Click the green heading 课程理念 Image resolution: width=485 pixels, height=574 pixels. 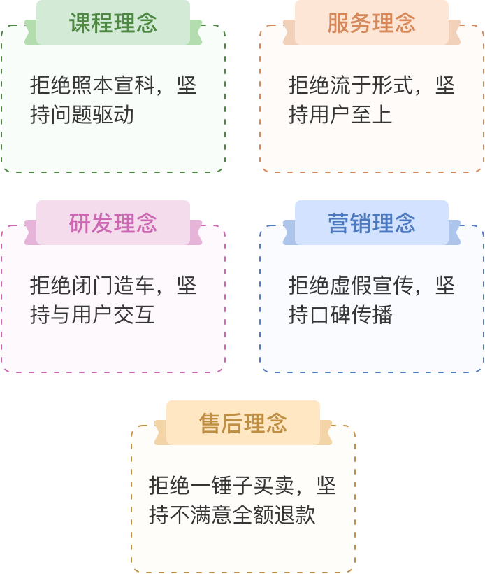click(113, 22)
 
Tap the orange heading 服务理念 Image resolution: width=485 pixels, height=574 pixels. click(372, 22)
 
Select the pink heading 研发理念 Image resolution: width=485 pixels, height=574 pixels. click(113, 223)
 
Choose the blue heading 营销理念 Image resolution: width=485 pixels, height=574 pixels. click(372, 223)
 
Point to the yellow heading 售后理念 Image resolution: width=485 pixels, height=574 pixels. click(243, 423)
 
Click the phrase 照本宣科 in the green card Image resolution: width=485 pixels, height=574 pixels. click(113, 85)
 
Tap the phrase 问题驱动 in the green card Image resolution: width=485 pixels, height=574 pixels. click(92, 115)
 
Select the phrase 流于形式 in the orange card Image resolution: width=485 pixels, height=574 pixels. click(372, 85)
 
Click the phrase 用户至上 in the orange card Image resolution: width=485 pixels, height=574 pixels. click(351, 115)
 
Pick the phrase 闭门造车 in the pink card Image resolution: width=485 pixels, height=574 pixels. click(113, 286)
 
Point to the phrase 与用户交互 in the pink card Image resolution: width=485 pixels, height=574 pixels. click(102, 315)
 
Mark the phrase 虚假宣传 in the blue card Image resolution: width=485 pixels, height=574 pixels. click(372, 286)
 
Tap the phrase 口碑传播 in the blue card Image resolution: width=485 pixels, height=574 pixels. click(351, 315)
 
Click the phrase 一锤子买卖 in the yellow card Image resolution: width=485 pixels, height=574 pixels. click(243, 486)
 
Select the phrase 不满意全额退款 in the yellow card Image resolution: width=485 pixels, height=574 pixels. click(243, 515)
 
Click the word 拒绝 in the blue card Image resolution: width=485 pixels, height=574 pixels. click(309, 286)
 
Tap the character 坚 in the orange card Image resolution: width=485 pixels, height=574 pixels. click(445, 85)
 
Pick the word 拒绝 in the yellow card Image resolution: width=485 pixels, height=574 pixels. click(170, 486)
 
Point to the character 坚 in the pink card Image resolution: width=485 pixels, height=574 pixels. click(187, 286)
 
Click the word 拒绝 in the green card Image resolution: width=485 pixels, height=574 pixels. click(51, 85)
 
